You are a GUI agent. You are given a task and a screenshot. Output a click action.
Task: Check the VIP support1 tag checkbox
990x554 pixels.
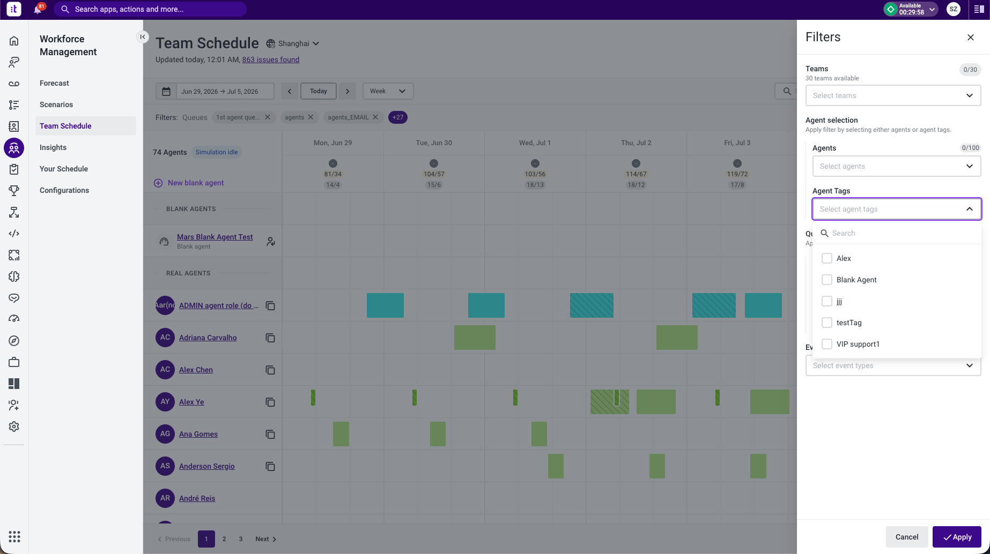[x=827, y=344]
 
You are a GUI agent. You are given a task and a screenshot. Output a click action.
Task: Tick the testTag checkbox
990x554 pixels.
[x=827, y=323]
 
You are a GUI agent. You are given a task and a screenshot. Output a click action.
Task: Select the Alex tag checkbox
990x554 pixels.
[x=827, y=258]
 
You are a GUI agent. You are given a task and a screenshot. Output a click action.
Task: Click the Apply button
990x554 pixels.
[x=957, y=537]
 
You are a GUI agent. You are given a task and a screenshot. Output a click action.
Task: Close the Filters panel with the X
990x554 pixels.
[x=971, y=38]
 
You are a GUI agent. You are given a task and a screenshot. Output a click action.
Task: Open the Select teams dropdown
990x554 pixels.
[x=893, y=95]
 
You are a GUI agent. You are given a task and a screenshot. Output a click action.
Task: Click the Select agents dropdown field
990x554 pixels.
[x=897, y=166]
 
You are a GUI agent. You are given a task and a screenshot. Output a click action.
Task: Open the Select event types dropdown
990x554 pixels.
[x=893, y=365]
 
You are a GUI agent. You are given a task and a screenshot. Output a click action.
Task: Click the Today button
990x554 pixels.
[x=319, y=91]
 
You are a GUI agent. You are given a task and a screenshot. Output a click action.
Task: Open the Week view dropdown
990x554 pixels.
[x=388, y=91]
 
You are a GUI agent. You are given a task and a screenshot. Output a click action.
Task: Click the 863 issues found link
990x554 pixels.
[x=271, y=59]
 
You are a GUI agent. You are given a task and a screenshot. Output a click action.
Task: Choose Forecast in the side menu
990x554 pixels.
[x=54, y=83]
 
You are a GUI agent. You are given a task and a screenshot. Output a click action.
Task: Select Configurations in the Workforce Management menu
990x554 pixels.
[x=64, y=190]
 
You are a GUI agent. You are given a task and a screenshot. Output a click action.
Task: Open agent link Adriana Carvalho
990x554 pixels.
[x=208, y=338]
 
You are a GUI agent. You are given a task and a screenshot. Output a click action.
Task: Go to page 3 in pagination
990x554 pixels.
[x=241, y=539]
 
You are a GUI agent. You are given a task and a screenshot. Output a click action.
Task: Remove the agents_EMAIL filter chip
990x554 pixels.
[x=375, y=117]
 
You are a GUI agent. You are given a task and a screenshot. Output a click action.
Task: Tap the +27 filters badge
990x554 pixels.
[x=398, y=117]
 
